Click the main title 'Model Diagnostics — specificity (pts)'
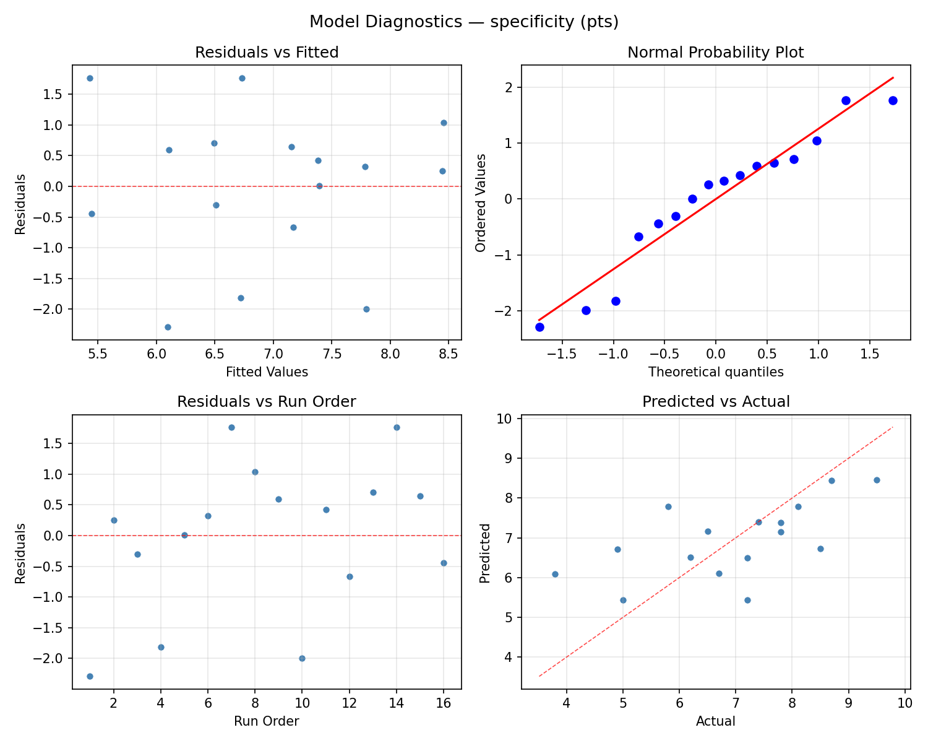pyautogui.click(x=464, y=22)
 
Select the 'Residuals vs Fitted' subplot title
pyautogui.click(x=267, y=53)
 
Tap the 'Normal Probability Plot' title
pyautogui.click(x=715, y=53)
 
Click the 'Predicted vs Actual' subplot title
pyautogui.click(x=715, y=402)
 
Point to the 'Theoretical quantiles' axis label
pyautogui.click(x=715, y=372)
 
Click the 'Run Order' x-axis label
pyautogui.click(x=267, y=721)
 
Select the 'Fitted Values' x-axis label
pyautogui.click(x=267, y=372)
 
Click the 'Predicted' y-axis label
pyautogui.click(x=486, y=553)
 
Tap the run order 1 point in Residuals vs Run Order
pyautogui.click(x=90, y=676)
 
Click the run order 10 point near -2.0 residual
pyautogui.click(x=302, y=658)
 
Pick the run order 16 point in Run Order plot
pyautogui.click(x=444, y=563)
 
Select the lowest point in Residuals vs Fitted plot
pyautogui.click(x=168, y=327)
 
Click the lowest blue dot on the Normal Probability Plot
pyautogui.click(x=539, y=327)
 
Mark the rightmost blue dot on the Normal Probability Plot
pyautogui.click(x=893, y=100)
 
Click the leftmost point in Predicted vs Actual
pyautogui.click(x=555, y=574)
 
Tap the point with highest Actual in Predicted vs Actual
pyautogui.click(x=877, y=480)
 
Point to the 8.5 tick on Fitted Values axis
pyautogui.click(x=448, y=354)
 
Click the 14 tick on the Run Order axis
pyautogui.click(x=397, y=703)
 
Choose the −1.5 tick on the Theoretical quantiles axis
pyautogui.click(x=561, y=354)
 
